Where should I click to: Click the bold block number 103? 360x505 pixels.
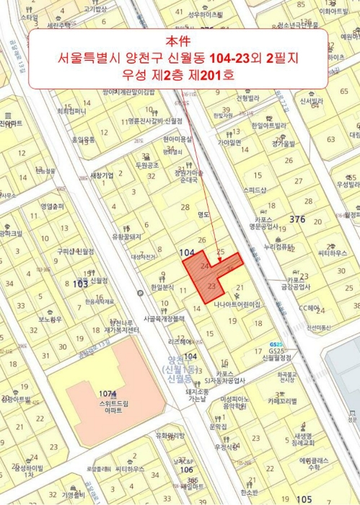(81, 284)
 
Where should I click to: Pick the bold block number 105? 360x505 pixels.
(304, 499)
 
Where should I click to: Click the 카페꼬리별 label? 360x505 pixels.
(284, 400)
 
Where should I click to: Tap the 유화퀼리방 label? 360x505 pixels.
(170, 434)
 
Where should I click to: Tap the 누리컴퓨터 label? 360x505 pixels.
(278, 246)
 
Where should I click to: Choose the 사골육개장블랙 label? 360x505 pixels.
(163, 317)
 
